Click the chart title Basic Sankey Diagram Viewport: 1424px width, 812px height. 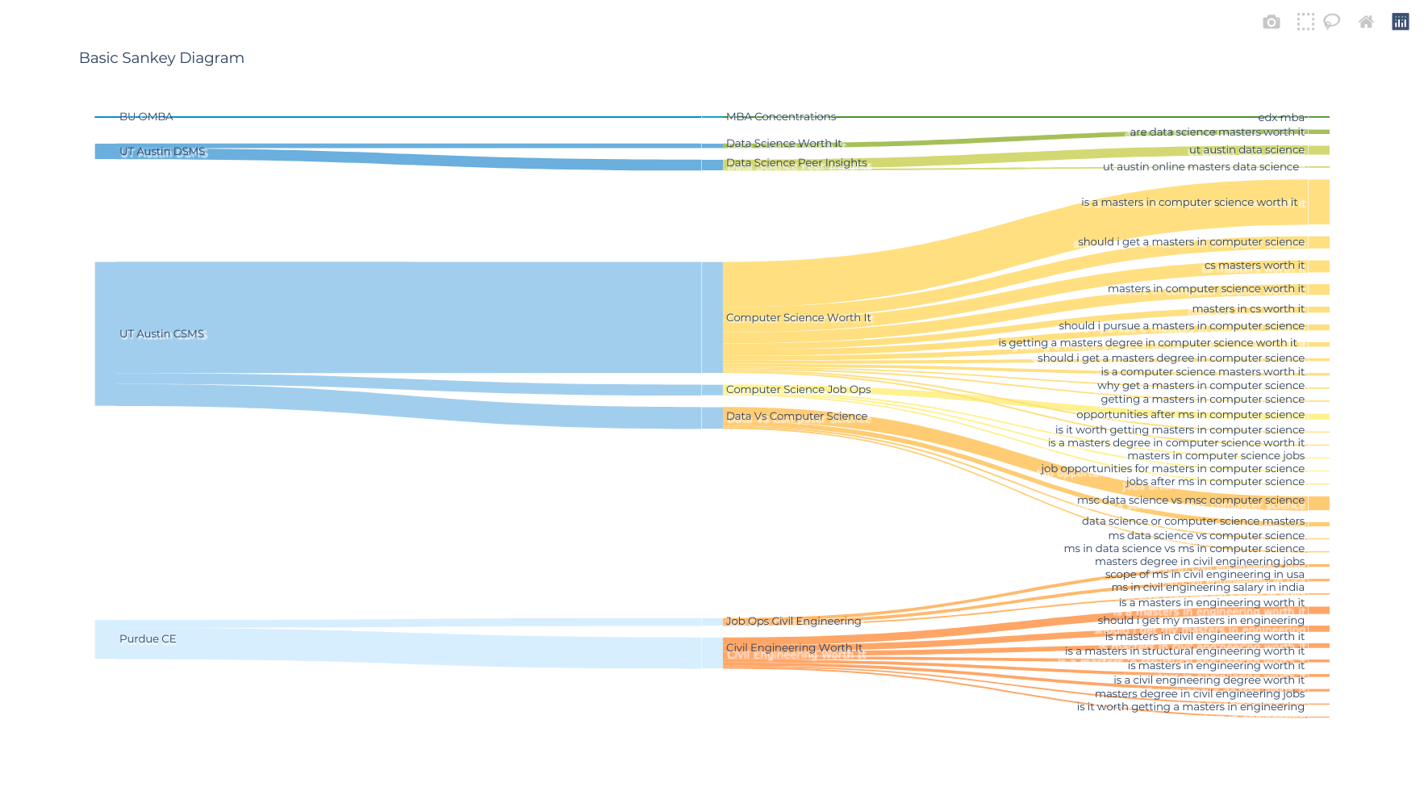pos(161,58)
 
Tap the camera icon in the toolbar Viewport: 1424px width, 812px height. pos(1271,22)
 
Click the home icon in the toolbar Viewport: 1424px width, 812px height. pos(1365,22)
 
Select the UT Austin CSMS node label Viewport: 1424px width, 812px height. pos(161,334)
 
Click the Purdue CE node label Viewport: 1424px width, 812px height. pos(148,639)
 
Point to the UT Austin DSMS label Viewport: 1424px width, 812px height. pos(161,152)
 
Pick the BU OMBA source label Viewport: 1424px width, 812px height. pos(146,117)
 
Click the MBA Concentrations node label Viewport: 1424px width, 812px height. pos(780,117)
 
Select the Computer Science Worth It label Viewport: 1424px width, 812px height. pos(798,318)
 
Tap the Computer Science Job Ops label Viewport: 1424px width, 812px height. pos(798,390)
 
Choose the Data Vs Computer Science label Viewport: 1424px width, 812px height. pos(796,416)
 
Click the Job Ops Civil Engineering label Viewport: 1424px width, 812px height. pos(793,622)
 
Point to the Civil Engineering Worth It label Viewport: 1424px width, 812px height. pos(794,648)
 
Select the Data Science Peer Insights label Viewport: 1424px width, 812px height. pos(796,163)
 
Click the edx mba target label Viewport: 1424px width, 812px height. pos(1280,118)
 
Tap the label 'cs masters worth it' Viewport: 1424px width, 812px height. pos(1254,266)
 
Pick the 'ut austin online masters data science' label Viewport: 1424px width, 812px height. pos(1201,167)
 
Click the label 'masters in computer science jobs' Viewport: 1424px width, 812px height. pos(1215,456)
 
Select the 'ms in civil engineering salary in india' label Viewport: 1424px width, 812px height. pos(1207,588)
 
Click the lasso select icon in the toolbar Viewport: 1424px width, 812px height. pos(1331,22)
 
